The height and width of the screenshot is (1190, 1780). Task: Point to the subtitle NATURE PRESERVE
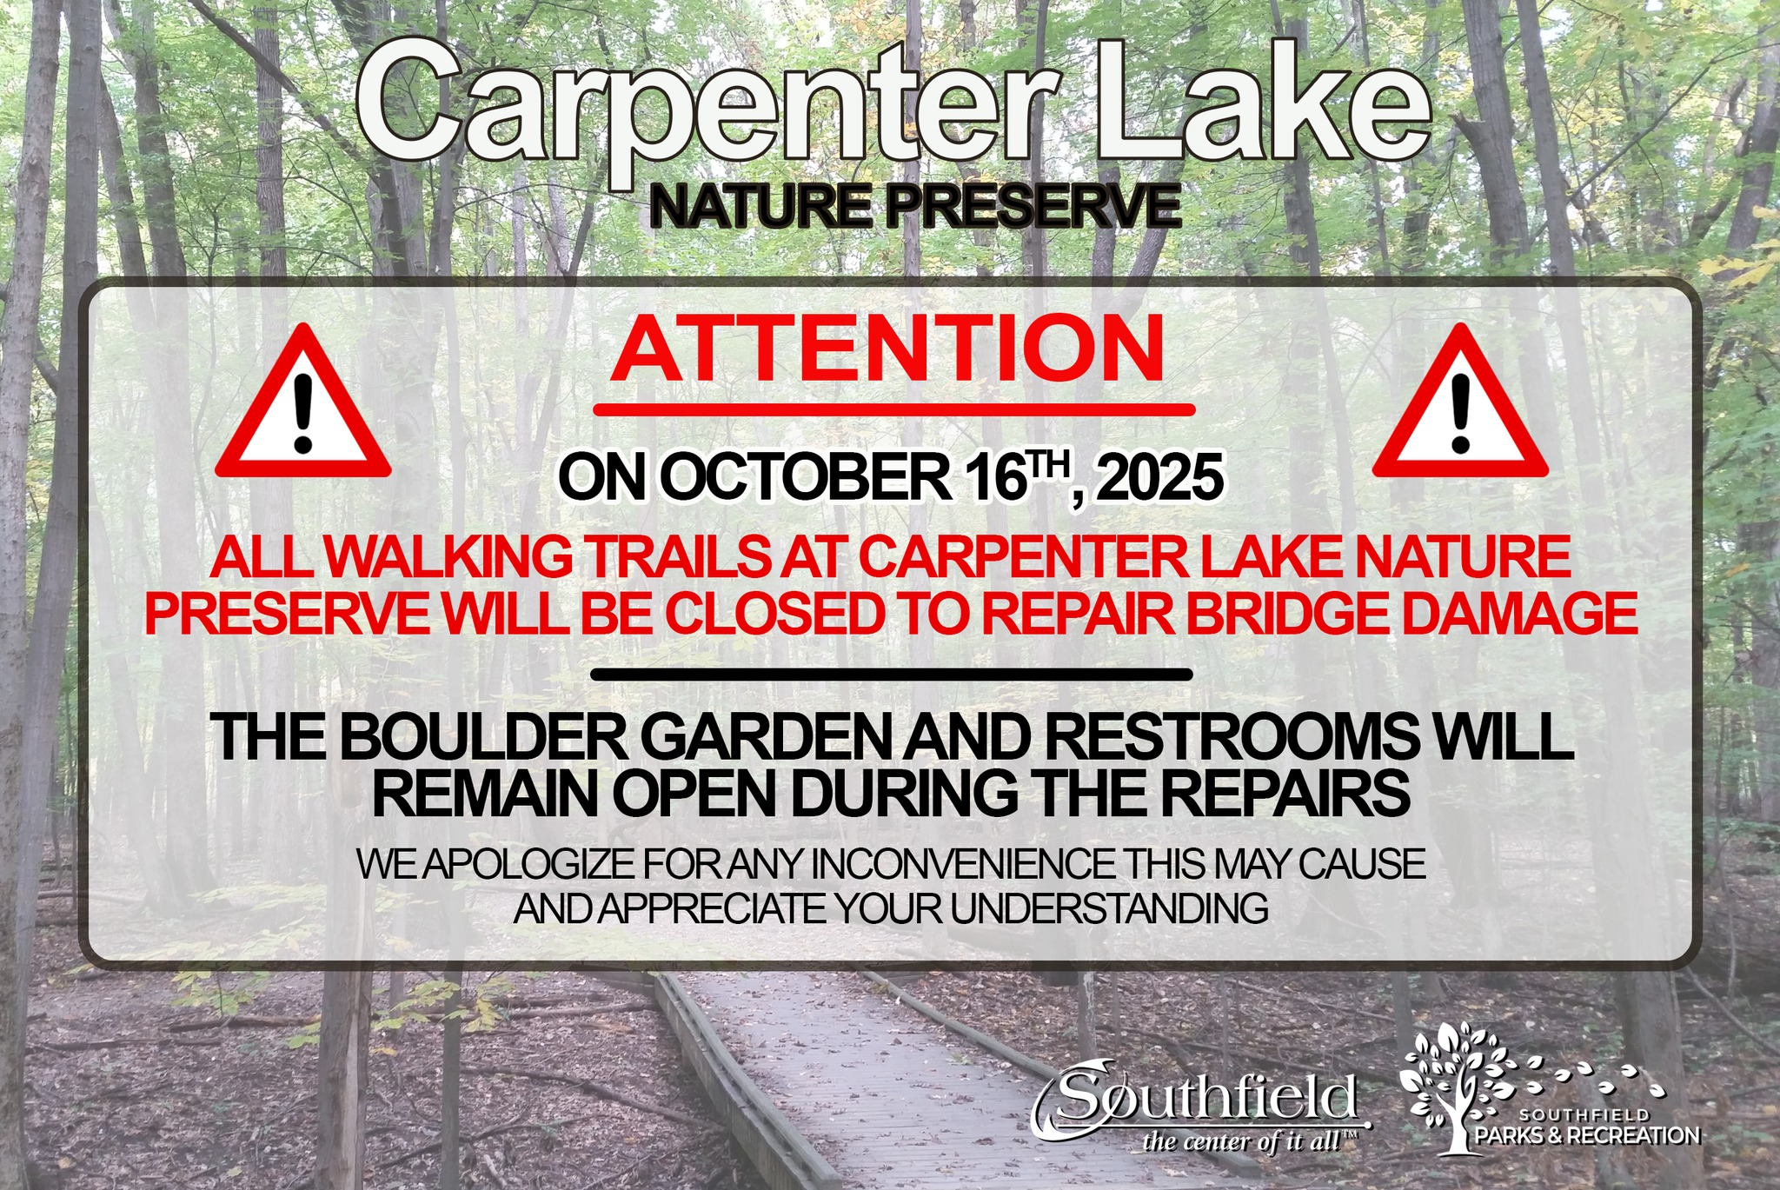[915, 206]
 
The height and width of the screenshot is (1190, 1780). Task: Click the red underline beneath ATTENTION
[894, 409]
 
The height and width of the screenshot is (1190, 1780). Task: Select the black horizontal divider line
[891, 674]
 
